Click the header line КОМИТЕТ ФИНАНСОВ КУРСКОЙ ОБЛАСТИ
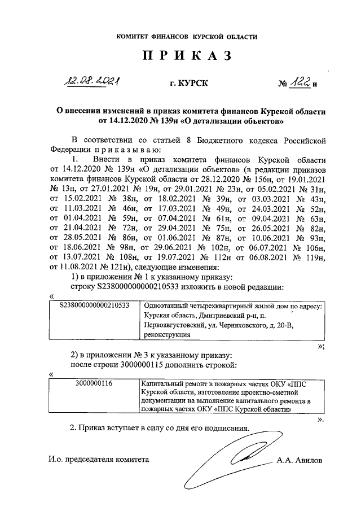[x=187, y=37]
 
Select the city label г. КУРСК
[x=188, y=84]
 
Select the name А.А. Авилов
[x=300, y=460]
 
